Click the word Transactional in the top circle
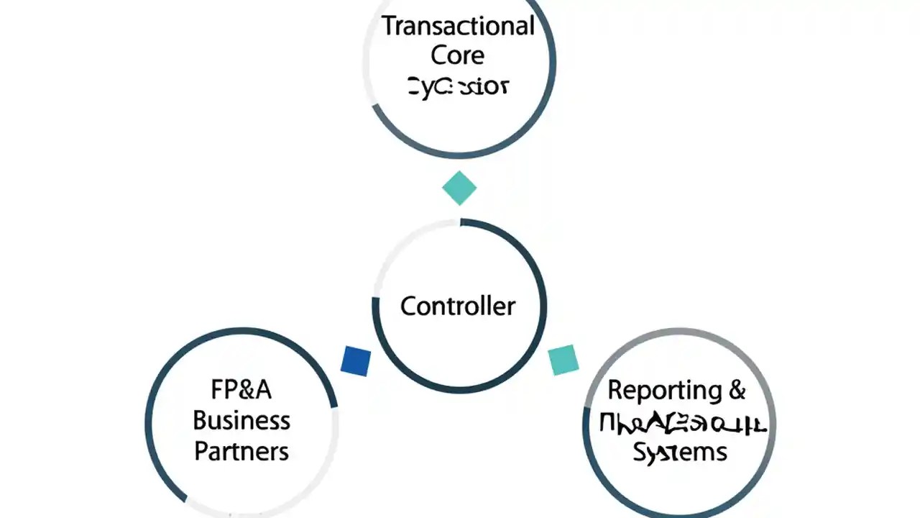[458, 26]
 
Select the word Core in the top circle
[457, 55]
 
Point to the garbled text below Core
[458, 87]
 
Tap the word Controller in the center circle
[458, 306]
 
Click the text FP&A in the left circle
[241, 389]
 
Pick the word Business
[241, 420]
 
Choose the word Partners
[241, 451]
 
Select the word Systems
[680, 452]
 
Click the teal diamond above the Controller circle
[459, 188]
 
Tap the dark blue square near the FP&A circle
[356, 360]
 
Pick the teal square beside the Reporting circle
[563, 360]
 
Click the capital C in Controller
[408, 306]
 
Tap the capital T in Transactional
[388, 26]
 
